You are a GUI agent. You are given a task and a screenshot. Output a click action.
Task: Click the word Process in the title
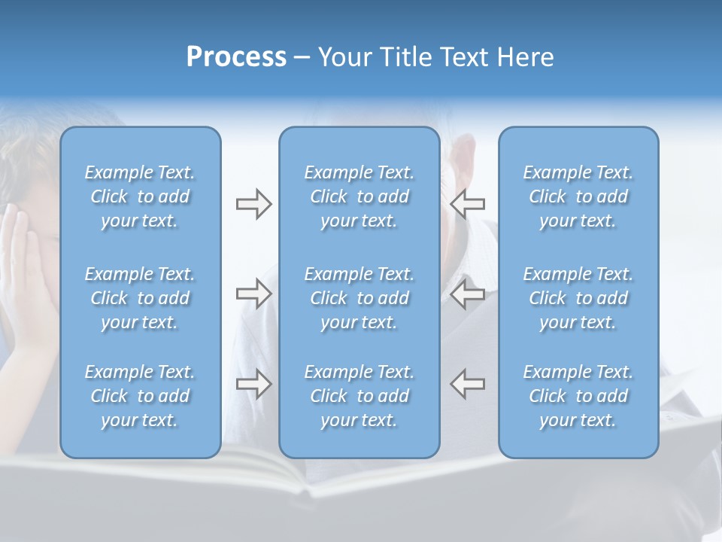pos(236,57)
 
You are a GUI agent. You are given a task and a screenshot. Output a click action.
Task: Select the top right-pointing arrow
pos(253,204)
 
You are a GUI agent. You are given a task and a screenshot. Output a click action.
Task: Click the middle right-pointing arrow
pos(253,294)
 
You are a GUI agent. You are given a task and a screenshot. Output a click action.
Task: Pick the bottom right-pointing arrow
pos(253,384)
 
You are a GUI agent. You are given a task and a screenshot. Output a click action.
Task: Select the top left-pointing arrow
pos(467,204)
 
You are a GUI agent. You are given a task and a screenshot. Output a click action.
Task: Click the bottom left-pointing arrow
pos(467,384)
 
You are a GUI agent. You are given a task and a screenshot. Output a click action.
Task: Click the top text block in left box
pos(140,196)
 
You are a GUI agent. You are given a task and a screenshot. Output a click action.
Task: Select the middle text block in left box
pos(140,298)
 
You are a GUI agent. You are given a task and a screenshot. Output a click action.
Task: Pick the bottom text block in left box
pos(140,396)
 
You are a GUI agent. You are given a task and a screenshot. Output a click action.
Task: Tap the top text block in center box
pos(359,196)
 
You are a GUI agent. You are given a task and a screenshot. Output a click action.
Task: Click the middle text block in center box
pos(359,298)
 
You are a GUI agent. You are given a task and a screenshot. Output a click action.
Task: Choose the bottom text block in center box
pos(359,396)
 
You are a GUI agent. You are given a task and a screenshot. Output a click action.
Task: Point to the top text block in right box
pos(578,196)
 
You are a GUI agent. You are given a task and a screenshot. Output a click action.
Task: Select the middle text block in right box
pos(578,298)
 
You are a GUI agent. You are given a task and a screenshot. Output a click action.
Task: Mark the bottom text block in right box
pos(578,396)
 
